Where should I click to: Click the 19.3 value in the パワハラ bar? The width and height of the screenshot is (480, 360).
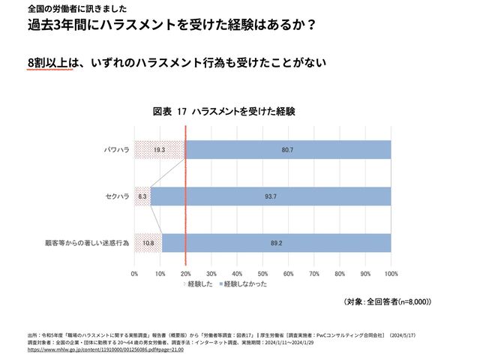tap(159, 150)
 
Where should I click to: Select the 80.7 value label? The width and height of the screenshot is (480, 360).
tap(286, 150)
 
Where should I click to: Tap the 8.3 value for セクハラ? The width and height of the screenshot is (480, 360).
tap(142, 196)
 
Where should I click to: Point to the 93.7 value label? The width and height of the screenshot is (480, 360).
tap(271, 196)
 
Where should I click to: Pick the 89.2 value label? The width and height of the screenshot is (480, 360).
tap(276, 243)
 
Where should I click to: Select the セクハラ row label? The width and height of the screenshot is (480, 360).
tap(115, 196)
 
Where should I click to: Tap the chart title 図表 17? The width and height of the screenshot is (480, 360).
tap(224, 111)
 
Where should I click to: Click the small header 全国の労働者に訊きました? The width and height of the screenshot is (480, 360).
tap(67, 8)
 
